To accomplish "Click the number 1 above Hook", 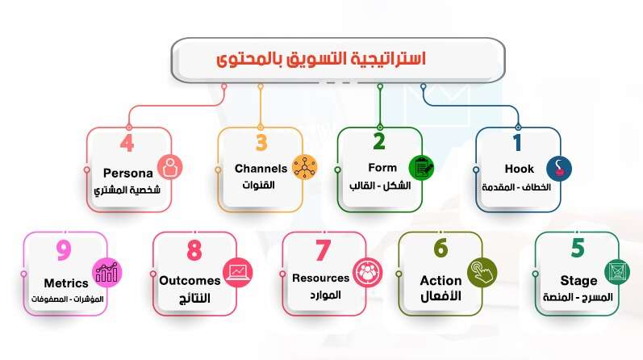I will pyautogui.click(x=517, y=144).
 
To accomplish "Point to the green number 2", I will pyautogui.click(x=379, y=143).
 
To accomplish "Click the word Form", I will pyautogui.click(x=382, y=169).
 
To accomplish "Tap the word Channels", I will pyautogui.click(x=261, y=169).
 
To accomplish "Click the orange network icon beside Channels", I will pyautogui.click(x=303, y=168).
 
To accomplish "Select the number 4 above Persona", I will pyautogui.click(x=127, y=144).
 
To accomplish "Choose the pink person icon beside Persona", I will pyautogui.click(x=170, y=168).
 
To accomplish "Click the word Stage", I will pyautogui.click(x=578, y=281).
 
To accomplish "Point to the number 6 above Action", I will pyautogui.click(x=440, y=248).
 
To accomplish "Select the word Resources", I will pyautogui.click(x=321, y=278).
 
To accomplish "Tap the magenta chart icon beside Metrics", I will pyautogui.click(x=107, y=272).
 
